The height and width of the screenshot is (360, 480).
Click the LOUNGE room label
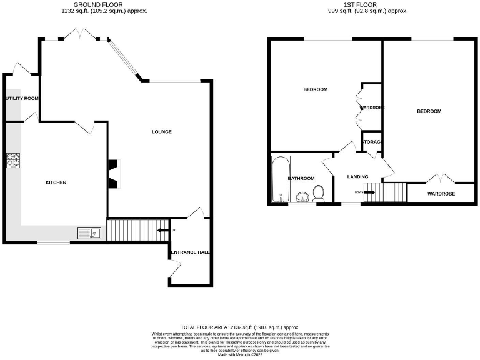click(x=162, y=132)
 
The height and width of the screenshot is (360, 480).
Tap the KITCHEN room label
click(x=56, y=182)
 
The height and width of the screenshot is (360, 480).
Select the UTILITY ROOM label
click(x=22, y=99)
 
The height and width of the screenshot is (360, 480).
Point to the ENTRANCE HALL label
click(x=191, y=252)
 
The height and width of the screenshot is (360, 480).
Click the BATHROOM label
click(x=301, y=178)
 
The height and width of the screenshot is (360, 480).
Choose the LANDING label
click(x=357, y=176)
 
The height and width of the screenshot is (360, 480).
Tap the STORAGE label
click(x=372, y=142)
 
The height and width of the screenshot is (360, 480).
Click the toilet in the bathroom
click(x=319, y=195)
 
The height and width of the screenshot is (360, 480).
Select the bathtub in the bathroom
click(x=279, y=180)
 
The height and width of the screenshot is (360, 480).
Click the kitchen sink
click(x=90, y=234)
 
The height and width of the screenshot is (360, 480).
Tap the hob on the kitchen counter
click(x=13, y=161)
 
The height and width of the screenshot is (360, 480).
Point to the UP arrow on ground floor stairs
click(x=162, y=231)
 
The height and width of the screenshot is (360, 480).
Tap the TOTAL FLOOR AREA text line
click(x=240, y=327)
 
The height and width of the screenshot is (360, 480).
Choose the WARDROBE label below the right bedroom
click(x=441, y=194)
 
